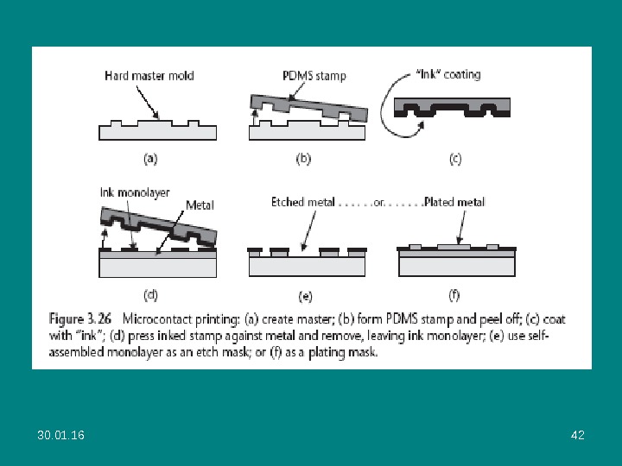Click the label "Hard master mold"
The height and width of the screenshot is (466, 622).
pyautogui.click(x=149, y=76)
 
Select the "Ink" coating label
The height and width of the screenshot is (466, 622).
pyautogui.click(x=449, y=74)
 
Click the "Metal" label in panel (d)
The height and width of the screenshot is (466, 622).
pyautogui.click(x=200, y=205)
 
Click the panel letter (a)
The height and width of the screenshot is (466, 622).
pyautogui.click(x=149, y=158)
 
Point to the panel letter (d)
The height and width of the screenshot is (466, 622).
pyautogui.click(x=150, y=295)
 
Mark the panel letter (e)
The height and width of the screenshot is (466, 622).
pyautogui.click(x=305, y=296)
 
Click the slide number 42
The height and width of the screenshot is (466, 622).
pyautogui.click(x=578, y=435)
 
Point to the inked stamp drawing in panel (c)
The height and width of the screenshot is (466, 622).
pyautogui.click(x=452, y=107)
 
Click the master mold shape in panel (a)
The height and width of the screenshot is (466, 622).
pyautogui.click(x=157, y=131)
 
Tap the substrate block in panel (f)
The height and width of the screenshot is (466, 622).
pyautogui.click(x=456, y=266)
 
